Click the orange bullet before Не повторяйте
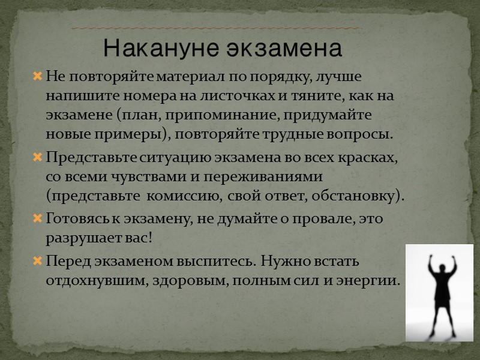37,77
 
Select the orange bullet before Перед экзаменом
37,262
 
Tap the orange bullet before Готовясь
37,220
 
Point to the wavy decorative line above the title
216,28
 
